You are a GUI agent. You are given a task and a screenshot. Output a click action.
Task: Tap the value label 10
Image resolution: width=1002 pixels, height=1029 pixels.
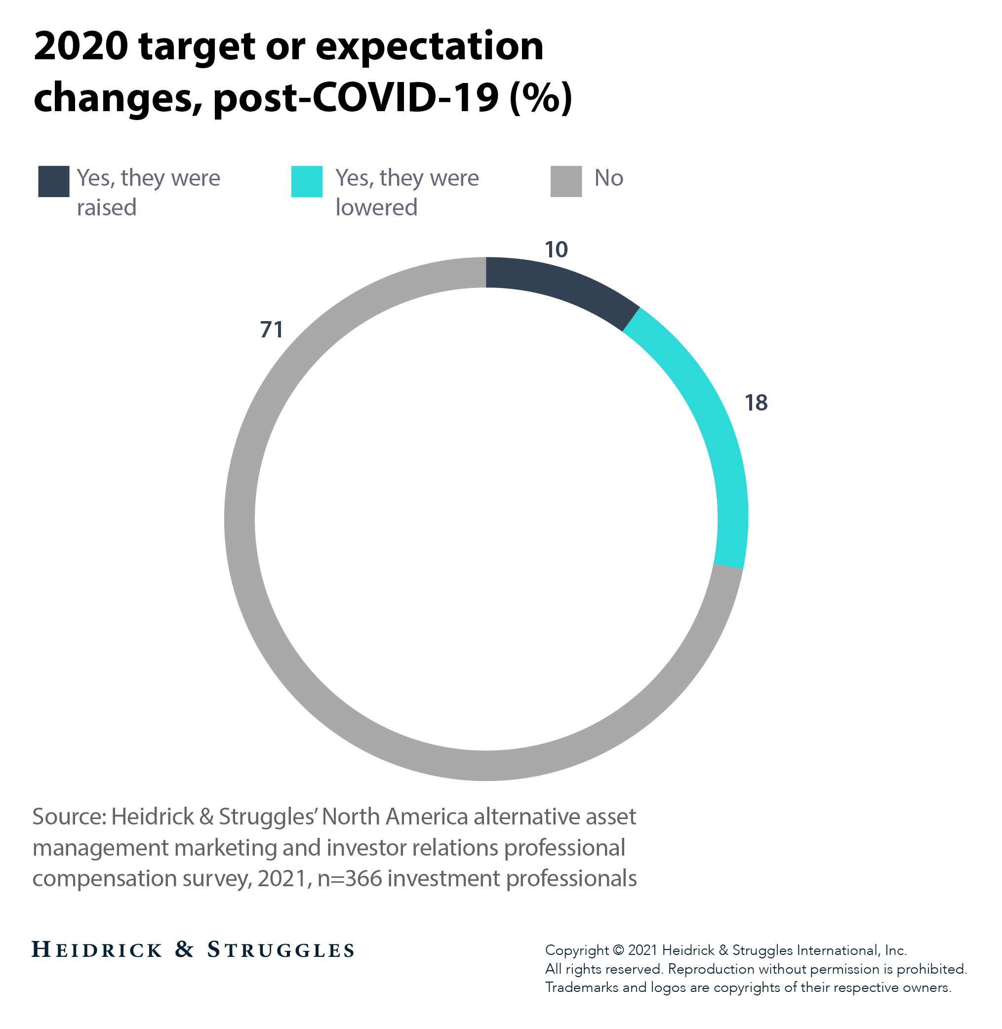pos(556,250)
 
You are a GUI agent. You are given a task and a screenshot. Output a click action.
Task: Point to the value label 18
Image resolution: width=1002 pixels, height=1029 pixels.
pos(756,403)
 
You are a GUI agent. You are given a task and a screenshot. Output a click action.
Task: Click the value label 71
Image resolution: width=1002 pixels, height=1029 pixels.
pos(272,330)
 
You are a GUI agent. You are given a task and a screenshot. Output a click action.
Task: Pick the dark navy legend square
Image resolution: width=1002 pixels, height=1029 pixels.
pos(54,182)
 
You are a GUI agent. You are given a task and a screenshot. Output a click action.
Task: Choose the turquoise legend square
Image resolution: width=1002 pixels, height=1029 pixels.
pos(307,182)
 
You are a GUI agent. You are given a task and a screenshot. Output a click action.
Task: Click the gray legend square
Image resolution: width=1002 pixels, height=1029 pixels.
pos(566,182)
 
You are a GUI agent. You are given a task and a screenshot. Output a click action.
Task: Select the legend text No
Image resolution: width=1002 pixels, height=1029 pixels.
pos(608,178)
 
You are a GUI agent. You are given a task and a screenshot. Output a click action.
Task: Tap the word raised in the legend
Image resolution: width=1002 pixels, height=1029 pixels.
pos(107,208)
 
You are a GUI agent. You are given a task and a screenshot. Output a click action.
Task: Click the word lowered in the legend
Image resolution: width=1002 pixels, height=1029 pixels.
pos(376,208)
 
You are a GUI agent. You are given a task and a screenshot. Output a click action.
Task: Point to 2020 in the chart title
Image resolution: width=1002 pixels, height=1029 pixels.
pos(80,46)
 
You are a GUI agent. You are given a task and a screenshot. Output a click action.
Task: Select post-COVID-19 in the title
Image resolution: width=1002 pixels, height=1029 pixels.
pos(356,98)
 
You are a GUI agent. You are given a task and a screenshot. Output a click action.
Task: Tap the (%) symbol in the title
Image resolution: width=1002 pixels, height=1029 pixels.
pos(540,98)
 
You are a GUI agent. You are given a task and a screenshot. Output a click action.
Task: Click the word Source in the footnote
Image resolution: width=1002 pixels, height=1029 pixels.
pos(69,817)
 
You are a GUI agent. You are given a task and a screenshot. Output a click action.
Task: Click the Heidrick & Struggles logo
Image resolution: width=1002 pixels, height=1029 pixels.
pos(193,949)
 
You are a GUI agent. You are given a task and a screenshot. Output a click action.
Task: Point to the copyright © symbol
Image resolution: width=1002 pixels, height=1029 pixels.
pos(619,950)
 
